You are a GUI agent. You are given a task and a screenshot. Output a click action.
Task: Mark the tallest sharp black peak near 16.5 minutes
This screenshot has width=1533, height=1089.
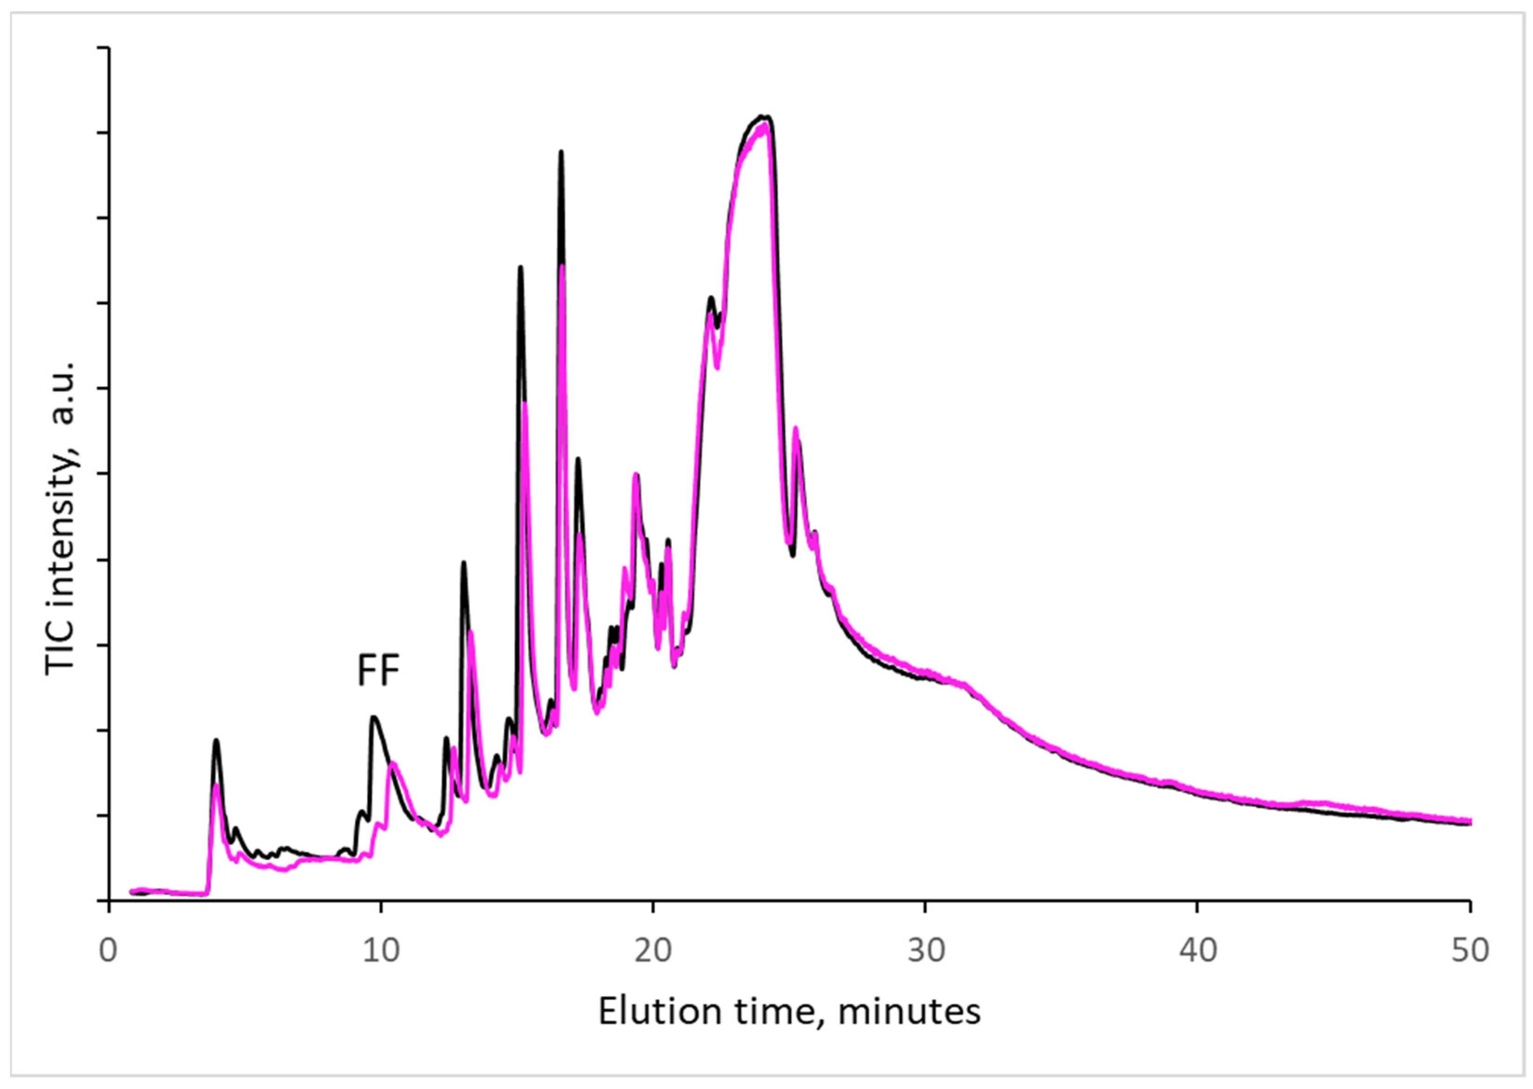[x=561, y=152]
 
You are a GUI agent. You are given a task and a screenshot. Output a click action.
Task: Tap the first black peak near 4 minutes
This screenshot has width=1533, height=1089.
[x=216, y=740]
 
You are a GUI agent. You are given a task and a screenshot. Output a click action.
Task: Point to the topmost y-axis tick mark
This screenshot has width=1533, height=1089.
[x=103, y=48]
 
